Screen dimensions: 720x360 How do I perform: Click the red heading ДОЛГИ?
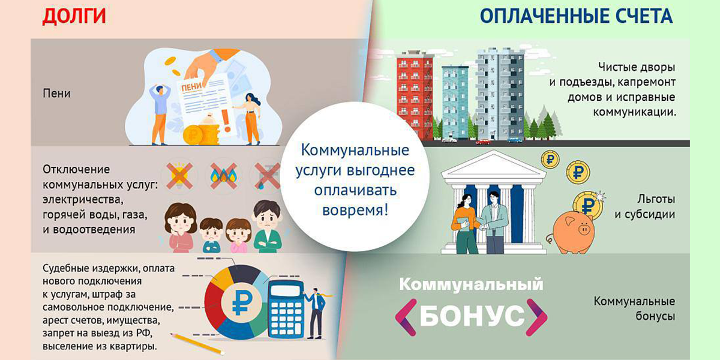[74, 16]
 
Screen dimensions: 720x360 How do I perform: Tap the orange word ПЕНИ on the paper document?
[191, 87]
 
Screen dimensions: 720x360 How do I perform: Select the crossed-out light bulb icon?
[179, 175]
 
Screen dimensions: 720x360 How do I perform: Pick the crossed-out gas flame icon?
[224, 175]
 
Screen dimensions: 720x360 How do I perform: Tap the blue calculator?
[286, 309]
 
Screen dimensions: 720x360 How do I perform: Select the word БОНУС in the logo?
[472, 316]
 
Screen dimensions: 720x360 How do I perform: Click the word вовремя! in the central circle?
[355, 210]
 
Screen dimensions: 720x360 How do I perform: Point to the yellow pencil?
[197, 344]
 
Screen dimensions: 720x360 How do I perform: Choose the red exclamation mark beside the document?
[227, 121]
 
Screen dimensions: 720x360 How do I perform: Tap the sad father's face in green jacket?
[267, 215]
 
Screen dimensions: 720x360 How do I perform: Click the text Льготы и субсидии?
[645, 206]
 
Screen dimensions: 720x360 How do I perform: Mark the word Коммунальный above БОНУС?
[471, 285]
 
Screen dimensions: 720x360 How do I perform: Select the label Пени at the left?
[56, 94]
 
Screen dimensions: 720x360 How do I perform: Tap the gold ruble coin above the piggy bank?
[588, 205]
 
